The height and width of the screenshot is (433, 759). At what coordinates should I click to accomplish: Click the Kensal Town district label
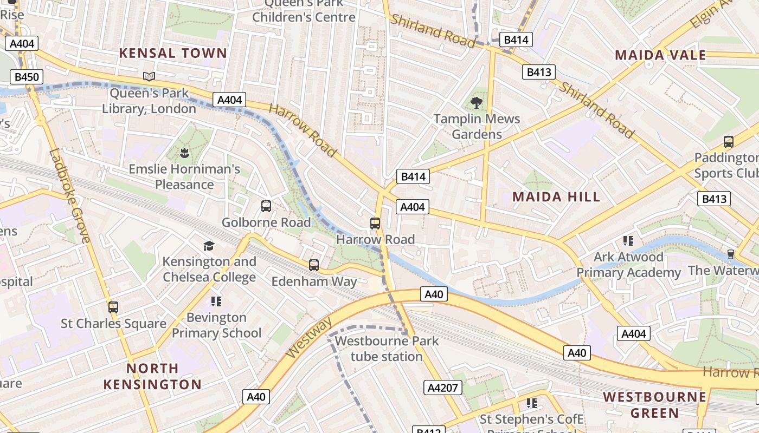pyautogui.click(x=172, y=53)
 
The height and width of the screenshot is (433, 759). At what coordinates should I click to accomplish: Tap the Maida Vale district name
pyautogui.click(x=660, y=55)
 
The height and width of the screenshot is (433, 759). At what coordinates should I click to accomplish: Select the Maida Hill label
pyautogui.click(x=556, y=196)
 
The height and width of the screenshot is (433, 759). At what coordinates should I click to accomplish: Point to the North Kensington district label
pyautogui.click(x=152, y=376)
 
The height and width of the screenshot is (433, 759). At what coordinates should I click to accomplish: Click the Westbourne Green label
pyautogui.click(x=655, y=405)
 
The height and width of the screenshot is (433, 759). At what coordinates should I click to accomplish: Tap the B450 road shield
pyautogui.click(x=27, y=77)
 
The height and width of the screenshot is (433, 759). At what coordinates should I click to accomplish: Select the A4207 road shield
pyautogui.click(x=442, y=388)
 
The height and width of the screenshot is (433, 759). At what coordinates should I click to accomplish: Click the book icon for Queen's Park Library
pyautogui.click(x=149, y=77)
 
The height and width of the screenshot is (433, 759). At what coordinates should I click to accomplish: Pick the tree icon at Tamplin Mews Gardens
pyautogui.click(x=477, y=102)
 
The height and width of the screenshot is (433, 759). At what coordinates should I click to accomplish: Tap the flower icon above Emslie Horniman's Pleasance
pyautogui.click(x=184, y=153)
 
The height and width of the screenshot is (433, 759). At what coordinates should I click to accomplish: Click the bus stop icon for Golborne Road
pyautogui.click(x=266, y=206)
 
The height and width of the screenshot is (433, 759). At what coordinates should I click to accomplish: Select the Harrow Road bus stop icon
pyautogui.click(x=375, y=223)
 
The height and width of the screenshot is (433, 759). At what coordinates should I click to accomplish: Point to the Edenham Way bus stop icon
pyautogui.click(x=314, y=265)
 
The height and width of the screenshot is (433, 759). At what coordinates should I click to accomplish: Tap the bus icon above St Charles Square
pyautogui.click(x=113, y=307)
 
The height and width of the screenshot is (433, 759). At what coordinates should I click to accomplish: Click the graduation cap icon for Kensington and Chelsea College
pyautogui.click(x=209, y=246)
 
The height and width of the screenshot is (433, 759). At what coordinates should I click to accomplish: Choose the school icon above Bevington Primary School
pyautogui.click(x=216, y=301)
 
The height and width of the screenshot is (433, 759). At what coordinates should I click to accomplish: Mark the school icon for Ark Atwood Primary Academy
pyautogui.click(x=628, y=241)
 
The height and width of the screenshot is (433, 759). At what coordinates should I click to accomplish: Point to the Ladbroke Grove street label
pyautogui.click(x=69, y=195)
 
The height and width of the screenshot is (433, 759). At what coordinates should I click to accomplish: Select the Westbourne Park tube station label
pyautogui.click(x=387, y=349)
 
